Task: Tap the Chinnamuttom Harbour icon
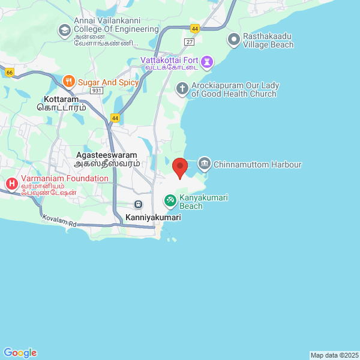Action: (205, 164)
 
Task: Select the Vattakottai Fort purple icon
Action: (207, 61)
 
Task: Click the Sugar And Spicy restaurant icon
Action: (70, 80)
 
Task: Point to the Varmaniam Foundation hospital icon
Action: (11, 182)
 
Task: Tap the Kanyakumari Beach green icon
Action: (170, 199)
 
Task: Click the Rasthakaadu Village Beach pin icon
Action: (233, 40)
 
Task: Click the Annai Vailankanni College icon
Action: (64, 29)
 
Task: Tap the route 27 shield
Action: (190, 41)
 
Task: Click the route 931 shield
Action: (97, 89)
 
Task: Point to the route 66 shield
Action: (9, 73)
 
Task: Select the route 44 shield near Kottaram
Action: (115, 118)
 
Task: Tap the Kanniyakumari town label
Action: (153, 218)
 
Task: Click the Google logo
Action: (20, 353)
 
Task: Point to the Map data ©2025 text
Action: (334, 355)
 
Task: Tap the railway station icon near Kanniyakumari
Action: (139, 205)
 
